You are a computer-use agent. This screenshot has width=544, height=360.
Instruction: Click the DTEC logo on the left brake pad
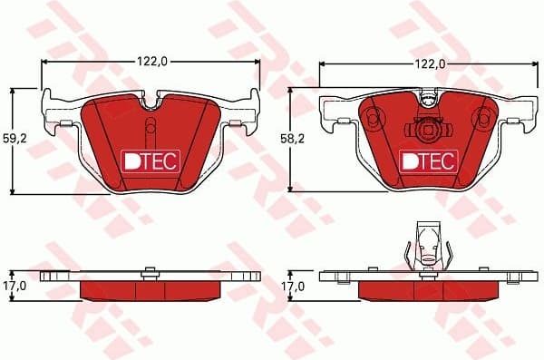coord(151,161)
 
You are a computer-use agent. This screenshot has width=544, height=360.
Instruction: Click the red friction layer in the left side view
coord(151,289)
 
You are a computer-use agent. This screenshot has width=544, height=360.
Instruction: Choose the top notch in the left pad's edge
coord(151,96)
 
